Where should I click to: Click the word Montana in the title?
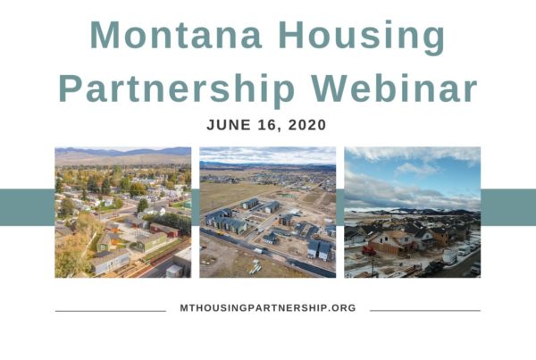(176, 35)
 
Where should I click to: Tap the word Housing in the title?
(362, 38)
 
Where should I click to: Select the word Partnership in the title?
(177, 90)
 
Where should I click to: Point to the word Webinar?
(395, 88)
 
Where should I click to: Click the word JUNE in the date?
(229, 125)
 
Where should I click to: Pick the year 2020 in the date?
(307, 125)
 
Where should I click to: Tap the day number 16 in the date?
(270, 125)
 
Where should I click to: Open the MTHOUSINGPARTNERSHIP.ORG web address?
(268, 308)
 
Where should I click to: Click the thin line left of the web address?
(111, 311)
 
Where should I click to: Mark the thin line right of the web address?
(425, 311)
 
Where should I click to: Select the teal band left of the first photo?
(28, 207)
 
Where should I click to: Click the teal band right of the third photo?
(508, 207)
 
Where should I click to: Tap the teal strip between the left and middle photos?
(195, 207)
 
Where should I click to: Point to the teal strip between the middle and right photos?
(340, 207)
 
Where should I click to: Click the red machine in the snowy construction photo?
(369, 251)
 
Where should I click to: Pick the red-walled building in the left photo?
(164, 230)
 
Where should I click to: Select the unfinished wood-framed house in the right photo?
(392, 242)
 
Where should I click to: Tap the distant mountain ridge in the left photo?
(123, 152)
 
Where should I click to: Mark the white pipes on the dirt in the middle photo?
(255, 267)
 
